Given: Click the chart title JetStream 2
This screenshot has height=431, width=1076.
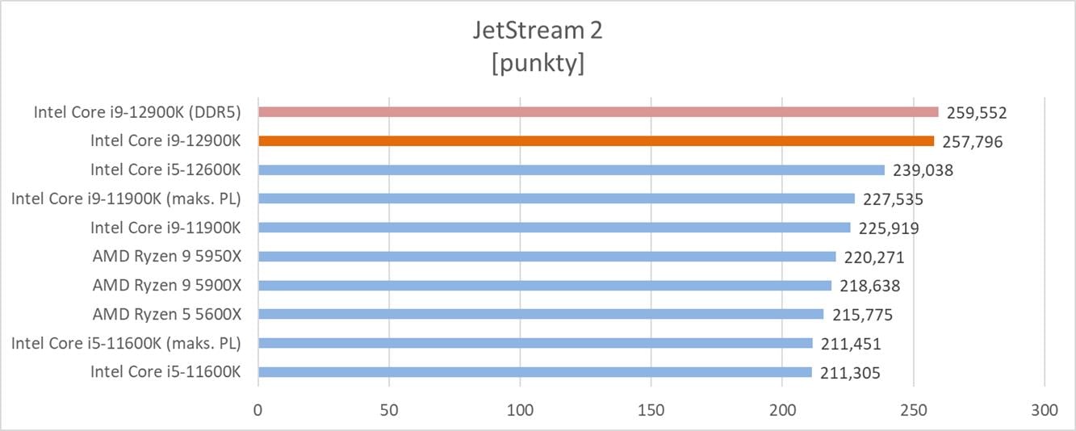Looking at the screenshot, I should (x=538, y=31).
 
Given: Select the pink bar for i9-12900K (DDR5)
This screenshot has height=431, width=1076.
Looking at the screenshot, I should (x=598, y=112).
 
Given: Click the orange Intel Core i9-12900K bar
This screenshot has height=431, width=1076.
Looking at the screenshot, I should (x=596, y=141).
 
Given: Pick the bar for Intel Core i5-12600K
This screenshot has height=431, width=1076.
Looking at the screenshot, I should (x=571, y=170).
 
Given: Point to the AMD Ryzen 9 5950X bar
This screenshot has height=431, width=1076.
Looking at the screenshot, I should (x=546, y=257).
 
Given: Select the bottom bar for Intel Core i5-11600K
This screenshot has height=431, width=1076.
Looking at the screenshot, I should (x=535, y=372).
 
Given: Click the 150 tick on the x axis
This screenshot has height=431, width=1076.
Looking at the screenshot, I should (x=651, y=410).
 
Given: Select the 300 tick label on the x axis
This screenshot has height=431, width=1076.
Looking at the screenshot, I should (x=1045, y=410).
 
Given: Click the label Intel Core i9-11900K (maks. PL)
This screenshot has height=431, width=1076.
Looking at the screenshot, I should (x=126, y=199).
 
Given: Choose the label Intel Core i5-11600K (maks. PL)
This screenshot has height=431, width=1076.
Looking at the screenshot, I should (x=126, y=344).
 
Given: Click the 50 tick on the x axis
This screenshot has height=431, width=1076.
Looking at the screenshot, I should (x=389, y=410).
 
